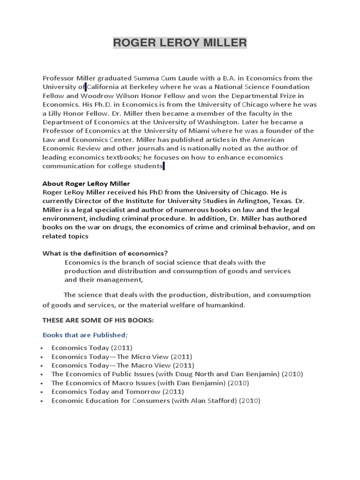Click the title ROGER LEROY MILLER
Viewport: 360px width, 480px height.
180,43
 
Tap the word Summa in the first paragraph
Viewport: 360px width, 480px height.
147,78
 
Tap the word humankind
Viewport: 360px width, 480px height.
225,305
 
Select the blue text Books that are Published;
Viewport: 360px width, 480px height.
85,335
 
